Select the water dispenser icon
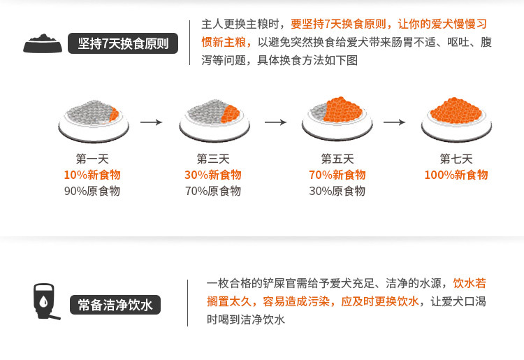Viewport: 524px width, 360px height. pyautogui.click(x=45, y=301)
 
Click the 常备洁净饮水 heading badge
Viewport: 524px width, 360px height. pyautogui.click(x=115, y=305)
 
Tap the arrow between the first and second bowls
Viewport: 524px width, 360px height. pyautogui.click(x=151, y=122)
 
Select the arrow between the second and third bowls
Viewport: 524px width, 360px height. pyautogui.click(x=275, y=122)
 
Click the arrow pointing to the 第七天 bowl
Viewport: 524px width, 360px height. pyautogui.click(x=395, y=122)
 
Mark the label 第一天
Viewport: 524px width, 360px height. pyautogui.click(x=92, y=159)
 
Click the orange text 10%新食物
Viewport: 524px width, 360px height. pyautogui.click(x=92, y=175)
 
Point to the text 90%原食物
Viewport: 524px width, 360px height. pyautogui.click(x=92, y=191)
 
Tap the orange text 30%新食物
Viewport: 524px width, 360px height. pyautogui.click(x=213, y=175)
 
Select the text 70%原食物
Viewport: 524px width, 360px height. pyautogui.click(x=213, y=191)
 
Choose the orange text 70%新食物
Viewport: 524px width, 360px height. pyautogui.click(x=337, y=175)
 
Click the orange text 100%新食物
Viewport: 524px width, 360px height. pyautogui.click(x=456, y=175)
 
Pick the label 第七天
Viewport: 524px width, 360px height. pyautogui.click(x=456, y=159)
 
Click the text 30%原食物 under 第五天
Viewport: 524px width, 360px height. pyautogui.click(x=337, y=191)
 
